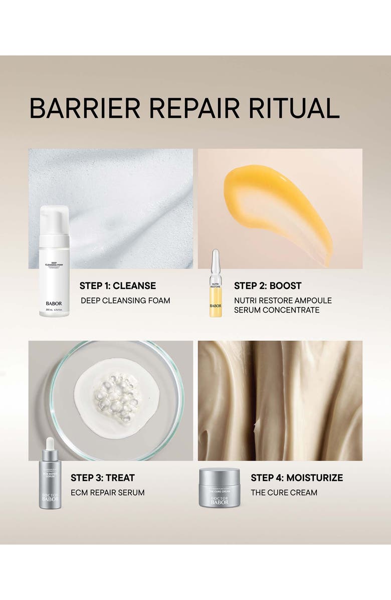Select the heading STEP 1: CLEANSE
(x=118, y=286)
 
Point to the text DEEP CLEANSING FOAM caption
(x=126, y=301)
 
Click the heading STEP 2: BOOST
(x=268, y=286)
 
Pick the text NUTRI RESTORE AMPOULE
(x=283, y=301)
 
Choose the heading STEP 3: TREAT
(x=103, y=478)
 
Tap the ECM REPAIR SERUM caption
(x=107, y=493)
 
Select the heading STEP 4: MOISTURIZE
(x=297, y=478)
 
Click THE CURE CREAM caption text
(x=284, y=493)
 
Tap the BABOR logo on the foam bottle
(x=54, y=304)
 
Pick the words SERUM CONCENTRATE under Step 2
(x=276, y=310)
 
